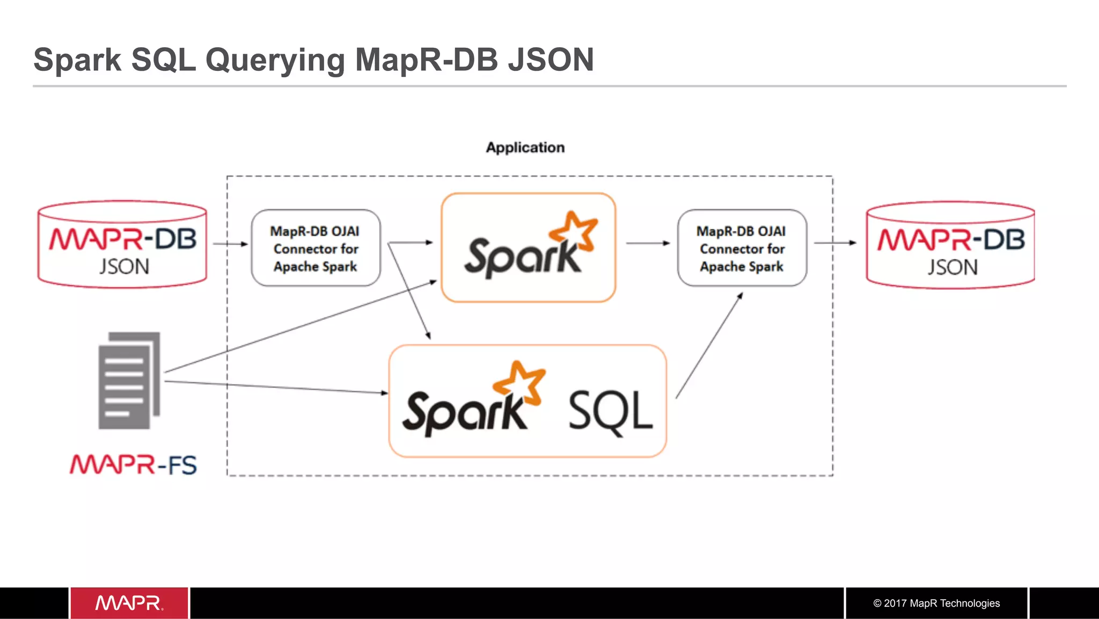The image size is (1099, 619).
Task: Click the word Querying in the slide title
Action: [x=274, y=60]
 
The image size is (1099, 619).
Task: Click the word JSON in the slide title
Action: [x=551, y=60]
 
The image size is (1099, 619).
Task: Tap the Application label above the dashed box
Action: [x=525, y=147]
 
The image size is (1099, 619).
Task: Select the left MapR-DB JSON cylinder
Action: [x=122, y=245]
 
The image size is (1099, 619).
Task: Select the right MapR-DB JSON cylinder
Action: [x=950, y=245]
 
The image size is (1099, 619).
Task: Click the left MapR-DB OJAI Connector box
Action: [x=316, y=248]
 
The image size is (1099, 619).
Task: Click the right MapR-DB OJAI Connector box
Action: [x=742, y=248]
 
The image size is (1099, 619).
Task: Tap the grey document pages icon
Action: [x=129, y=380]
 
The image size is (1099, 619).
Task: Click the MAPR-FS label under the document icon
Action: [x=133, y=465]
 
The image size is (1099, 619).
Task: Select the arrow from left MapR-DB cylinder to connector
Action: [x=230, y=244]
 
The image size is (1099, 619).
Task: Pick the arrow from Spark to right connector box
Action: [x=648, y=243]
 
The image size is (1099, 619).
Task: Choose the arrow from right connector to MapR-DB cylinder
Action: [x=834, y=243]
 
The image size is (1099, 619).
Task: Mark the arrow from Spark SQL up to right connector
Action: [x=709, y=346]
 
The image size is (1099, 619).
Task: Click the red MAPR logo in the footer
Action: [x=129, y=603]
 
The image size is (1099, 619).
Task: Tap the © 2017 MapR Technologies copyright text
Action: [x=936, y=603]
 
